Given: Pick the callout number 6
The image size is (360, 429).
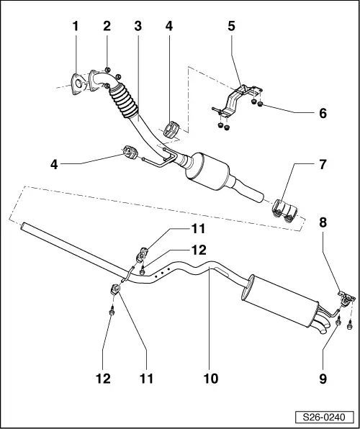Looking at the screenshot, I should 323,113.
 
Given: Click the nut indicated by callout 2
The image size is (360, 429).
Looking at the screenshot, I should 107,70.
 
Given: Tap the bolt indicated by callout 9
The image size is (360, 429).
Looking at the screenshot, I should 338,325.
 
